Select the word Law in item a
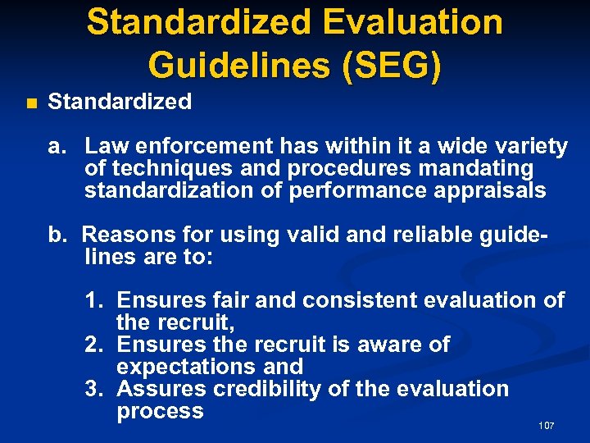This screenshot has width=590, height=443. click(x=104, y=147)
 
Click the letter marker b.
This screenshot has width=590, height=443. click(x=56, y=235)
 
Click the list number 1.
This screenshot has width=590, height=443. click(x=94, y=301)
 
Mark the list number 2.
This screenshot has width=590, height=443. click(x=94, y=345)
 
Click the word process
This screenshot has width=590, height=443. click(x=160, y=411)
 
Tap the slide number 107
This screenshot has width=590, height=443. click(x=547, y=426)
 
